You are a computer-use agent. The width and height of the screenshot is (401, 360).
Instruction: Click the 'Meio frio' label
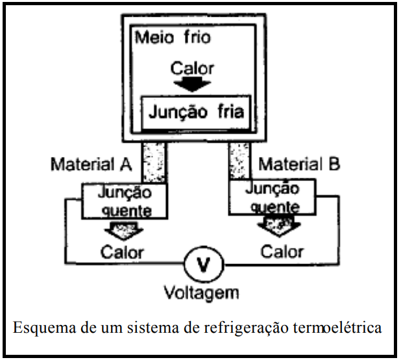(173, 38)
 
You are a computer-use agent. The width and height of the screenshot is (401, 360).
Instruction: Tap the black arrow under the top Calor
(192, 84)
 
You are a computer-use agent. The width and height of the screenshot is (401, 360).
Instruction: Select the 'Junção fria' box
(196, 112)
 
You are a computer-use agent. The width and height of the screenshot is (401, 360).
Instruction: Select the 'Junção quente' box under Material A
(124, 200)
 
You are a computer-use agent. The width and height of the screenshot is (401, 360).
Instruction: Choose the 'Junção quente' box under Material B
(272, 197)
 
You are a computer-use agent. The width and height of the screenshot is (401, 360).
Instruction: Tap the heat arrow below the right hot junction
(274, 226)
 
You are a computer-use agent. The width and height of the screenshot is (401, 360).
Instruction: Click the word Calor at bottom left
(123, 251)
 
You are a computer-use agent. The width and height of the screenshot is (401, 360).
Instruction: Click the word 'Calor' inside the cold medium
(192, 67)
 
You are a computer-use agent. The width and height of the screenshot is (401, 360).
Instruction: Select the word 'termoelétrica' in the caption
(345, 328)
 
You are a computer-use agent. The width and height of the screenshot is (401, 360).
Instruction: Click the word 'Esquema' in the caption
(41, 328)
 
